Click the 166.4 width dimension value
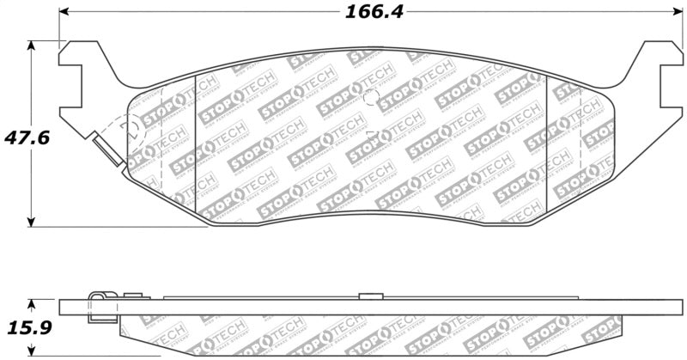(374, 12)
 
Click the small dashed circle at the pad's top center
(370, 95)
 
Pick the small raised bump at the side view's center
(370, 296)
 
